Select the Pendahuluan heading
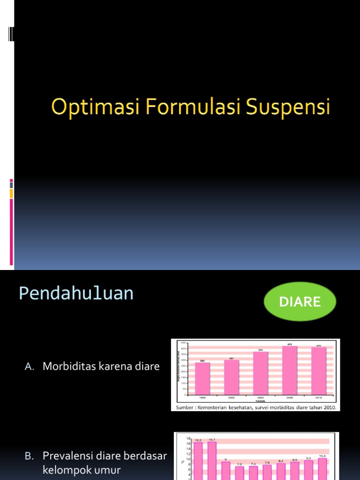click(76, 294)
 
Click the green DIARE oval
click(300, 302)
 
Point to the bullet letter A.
click(29, 367)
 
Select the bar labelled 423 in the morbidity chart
click(289, 370)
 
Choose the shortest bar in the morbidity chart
click(202, 379)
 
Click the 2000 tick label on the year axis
click(232, 397)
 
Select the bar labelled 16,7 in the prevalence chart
click(212, 462)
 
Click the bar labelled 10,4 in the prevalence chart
click(323, 469)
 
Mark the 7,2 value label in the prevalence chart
click(240, 464)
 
